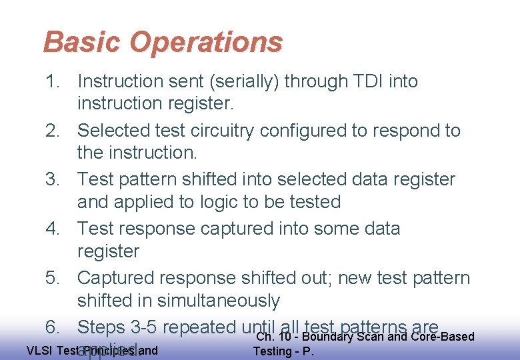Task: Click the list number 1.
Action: click(53, 81)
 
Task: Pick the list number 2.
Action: click(53, 131)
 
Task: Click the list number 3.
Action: click(53, 179)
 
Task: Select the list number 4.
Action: click(53, 229)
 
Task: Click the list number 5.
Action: click(53, 277)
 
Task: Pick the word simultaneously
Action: click(212, 301)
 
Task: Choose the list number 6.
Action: click(53, 327)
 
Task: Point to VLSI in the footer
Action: click(39, 350)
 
